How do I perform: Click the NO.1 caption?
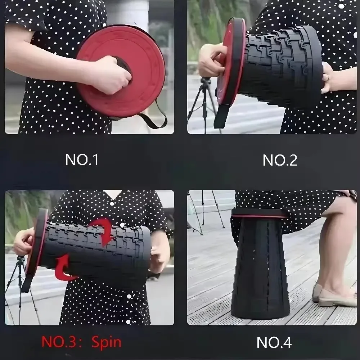(82, 159)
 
